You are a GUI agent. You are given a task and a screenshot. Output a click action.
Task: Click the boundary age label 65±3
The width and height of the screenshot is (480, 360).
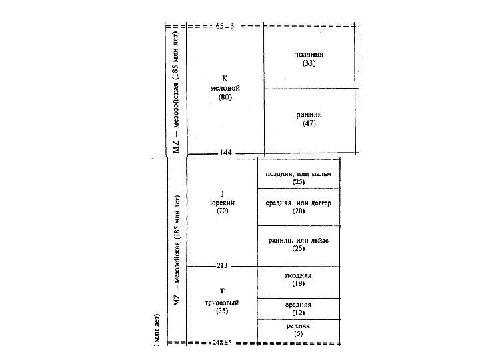225,26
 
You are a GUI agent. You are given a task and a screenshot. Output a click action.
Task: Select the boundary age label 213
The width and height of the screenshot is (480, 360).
223,265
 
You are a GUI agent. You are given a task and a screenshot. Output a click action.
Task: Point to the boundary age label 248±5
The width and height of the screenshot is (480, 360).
223,344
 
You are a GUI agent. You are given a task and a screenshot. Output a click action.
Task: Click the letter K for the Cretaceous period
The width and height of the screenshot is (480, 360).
225,77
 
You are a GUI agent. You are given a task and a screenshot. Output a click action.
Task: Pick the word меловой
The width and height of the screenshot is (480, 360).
225,87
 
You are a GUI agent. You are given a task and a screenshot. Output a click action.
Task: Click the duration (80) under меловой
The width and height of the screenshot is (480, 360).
225,97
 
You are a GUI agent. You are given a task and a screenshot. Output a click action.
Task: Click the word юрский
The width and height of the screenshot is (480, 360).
222,202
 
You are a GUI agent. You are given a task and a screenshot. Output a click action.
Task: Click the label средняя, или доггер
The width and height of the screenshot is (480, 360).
298,203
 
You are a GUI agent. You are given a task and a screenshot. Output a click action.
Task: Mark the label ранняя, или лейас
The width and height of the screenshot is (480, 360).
298,240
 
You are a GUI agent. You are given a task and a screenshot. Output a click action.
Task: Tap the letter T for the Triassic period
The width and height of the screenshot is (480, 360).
222,291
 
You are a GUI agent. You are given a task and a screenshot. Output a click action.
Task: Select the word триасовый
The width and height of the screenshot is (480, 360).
222,301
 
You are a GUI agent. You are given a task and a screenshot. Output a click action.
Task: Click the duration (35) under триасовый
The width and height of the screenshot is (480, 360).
222,310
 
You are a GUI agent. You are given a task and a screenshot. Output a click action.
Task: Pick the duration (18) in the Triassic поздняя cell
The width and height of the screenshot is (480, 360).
298,283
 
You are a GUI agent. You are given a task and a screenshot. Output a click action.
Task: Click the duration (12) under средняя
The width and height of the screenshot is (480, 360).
298,312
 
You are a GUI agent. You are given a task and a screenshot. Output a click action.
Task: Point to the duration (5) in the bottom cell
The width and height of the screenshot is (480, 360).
298,334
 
